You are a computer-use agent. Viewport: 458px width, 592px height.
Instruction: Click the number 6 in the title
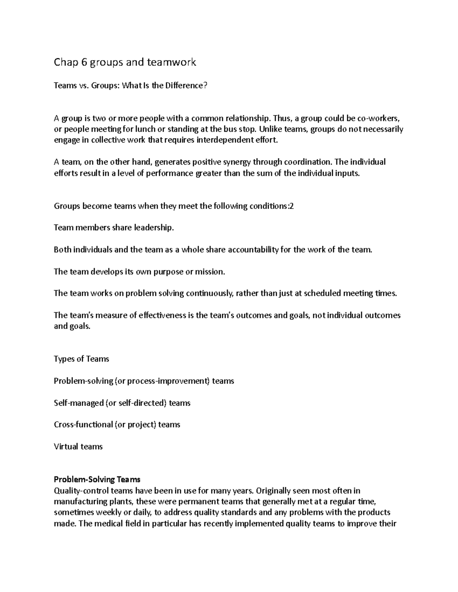coord(84,62)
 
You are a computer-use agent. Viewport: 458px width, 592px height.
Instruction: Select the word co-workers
coord(379,118)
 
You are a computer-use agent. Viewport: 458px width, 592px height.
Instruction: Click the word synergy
coord(237,162)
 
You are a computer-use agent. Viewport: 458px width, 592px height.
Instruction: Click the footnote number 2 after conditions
coord(292,206)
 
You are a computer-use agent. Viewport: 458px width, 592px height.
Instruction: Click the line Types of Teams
coord(81,359)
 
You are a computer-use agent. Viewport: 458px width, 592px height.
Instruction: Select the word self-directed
coord(141,403)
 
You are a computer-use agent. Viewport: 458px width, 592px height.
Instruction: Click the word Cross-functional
coord(83,425)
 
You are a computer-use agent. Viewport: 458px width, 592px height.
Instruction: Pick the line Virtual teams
coord(78,447)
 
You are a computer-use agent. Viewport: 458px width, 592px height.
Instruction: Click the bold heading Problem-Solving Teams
coord(97,480)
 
